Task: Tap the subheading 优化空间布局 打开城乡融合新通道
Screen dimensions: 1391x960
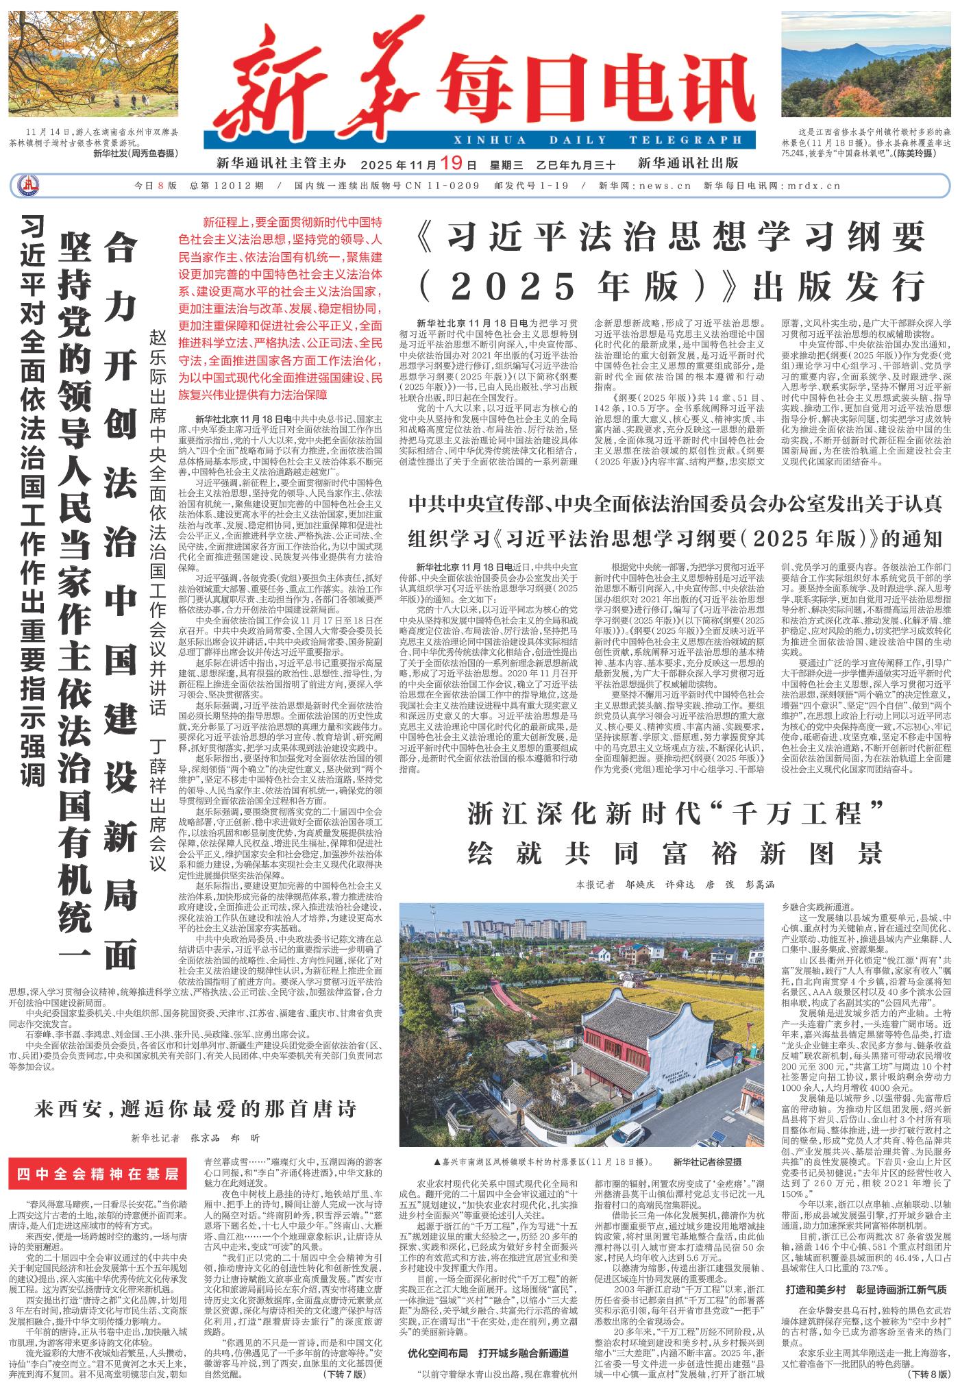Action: pyautogui.click(x=488, y=1353)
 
